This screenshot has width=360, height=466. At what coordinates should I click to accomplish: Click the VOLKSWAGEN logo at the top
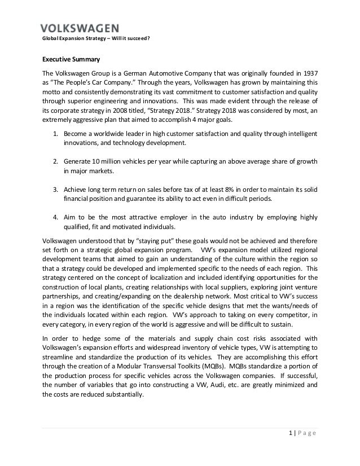click(80, 28)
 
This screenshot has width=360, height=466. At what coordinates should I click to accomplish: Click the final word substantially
click(125, 395)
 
